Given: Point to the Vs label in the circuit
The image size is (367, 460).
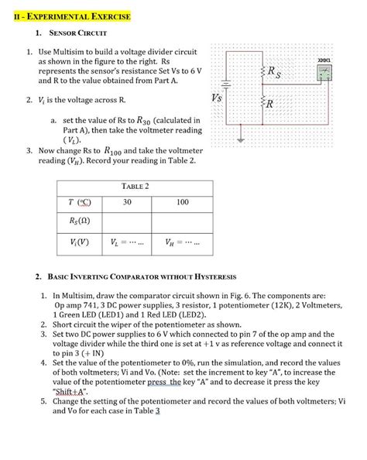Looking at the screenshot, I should tap(218, 98).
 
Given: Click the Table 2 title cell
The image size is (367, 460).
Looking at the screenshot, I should tap(135, 187).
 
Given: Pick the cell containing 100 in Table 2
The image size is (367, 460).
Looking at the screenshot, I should tap(183, 202).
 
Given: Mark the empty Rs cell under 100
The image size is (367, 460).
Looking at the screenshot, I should tap(183, 221).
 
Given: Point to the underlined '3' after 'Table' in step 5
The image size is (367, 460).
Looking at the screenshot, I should tap(157, 411).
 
